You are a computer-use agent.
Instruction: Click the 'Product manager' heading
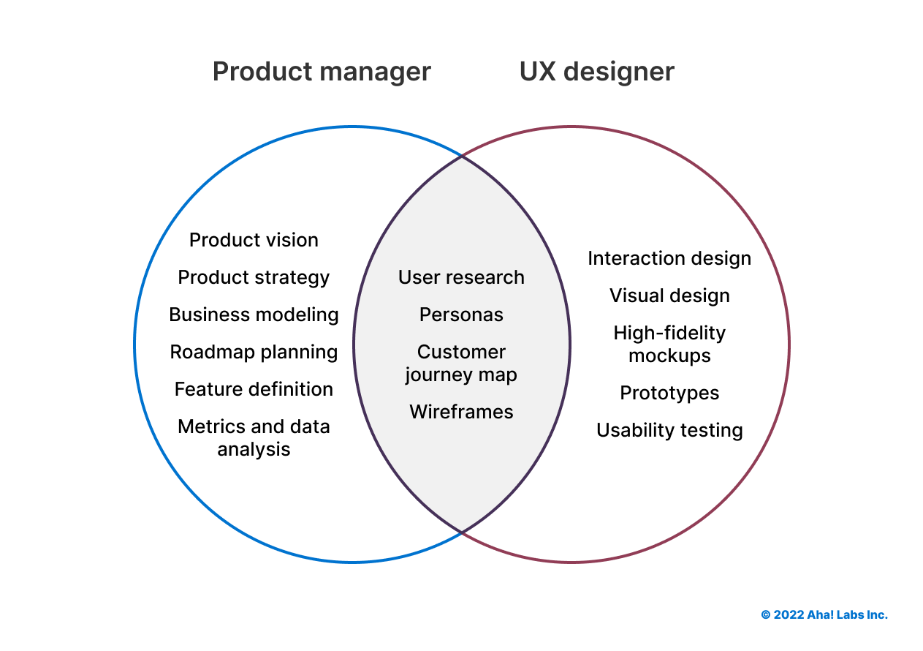pyautogui.click(x=322, y=72)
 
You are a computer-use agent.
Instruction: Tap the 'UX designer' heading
pyautogui.click(x=596, y=72)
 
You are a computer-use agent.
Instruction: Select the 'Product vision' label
pyautogui.click(x=254, y=240)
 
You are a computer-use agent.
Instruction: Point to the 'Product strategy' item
pyautogui.click(x=254, y=277)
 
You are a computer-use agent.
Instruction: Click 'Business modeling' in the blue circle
pyautogui.click(x=254, y=315)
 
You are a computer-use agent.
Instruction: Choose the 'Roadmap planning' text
pyautogui.click(x=254, y=352)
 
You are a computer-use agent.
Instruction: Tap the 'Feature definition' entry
pyautogui.click(x=254, y=389)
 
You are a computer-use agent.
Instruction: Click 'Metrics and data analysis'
pyautogui.click(x=254, y=437)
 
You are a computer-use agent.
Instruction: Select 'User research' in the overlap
pyautogui.click(x=461, y=277)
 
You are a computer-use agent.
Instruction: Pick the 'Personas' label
pyautogui.click(x=461, y=315)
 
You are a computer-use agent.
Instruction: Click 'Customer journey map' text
pyautogui.click(x=461, y=363)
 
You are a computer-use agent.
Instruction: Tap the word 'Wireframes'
pyautogui.click(x=461, y=412)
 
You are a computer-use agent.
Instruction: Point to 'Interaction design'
pyautogui.click(x=669, y=258)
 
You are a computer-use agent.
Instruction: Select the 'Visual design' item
pyautogui.click(x=669, y=296)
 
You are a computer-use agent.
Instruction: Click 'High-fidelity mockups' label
pyautogui.click(x=669, y=344)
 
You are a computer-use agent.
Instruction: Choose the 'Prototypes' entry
pyautogui.click(x=669, y=393)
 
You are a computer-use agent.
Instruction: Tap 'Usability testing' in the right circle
pyautogui.click(x=669, y=430)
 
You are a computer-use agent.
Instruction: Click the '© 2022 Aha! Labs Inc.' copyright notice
pyautogui.click(x=824, y=614)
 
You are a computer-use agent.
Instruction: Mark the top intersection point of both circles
pyautogui.click(x=462, y=156)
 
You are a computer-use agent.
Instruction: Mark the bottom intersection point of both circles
pyautogui.click(x=462, y=533)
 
